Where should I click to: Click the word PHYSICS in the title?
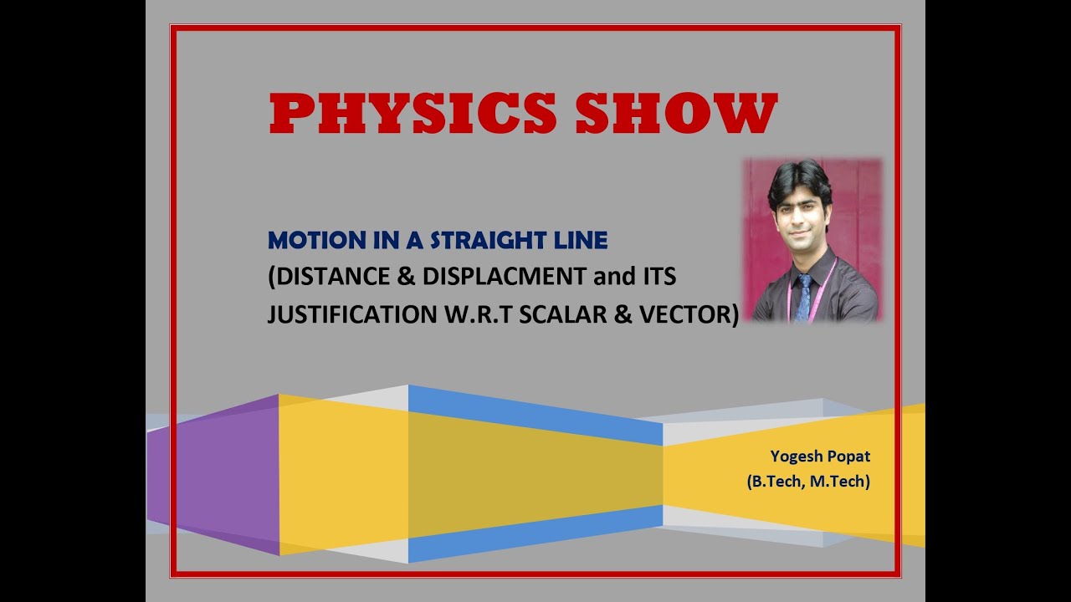click(413, 114)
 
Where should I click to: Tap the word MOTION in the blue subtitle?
click(309, 241)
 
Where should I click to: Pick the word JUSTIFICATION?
click(350, 314)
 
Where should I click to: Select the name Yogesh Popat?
click(820, 457)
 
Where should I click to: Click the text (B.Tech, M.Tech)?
click(808, 482)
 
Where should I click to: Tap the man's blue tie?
click(803, 297)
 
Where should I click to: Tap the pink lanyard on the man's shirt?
click(830, 284)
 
